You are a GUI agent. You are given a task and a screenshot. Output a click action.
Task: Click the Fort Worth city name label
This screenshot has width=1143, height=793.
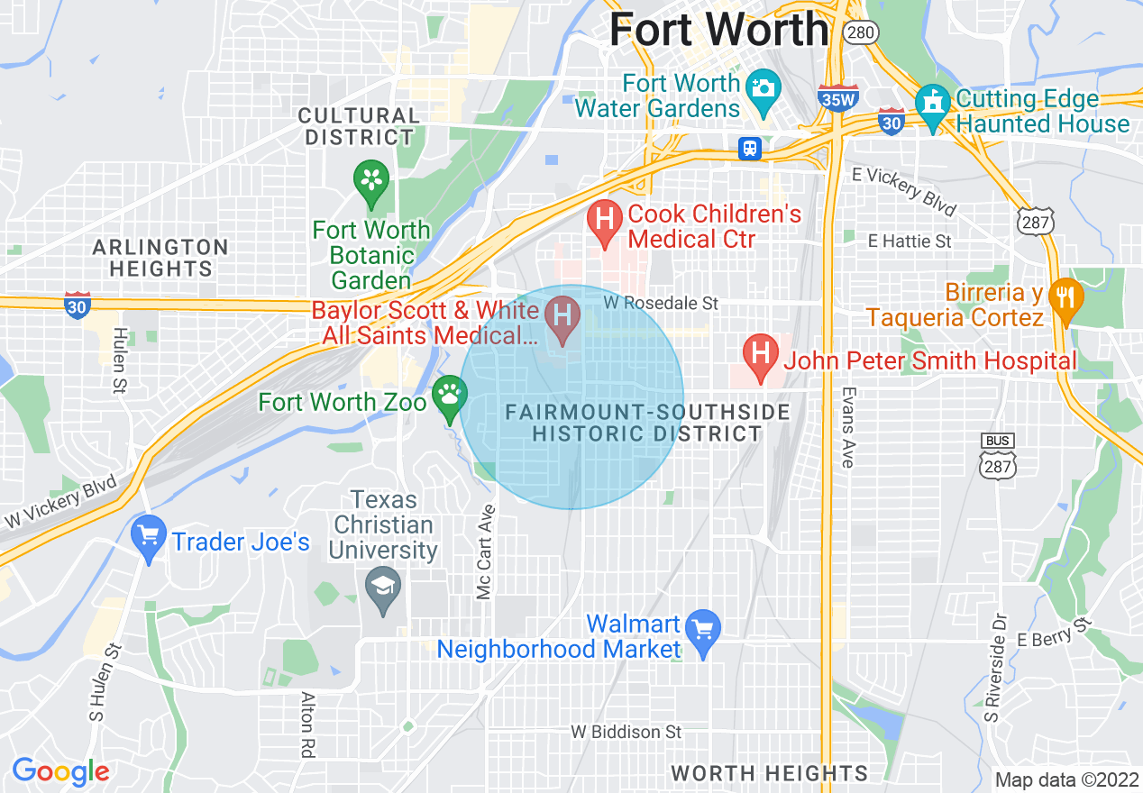coord(718,30)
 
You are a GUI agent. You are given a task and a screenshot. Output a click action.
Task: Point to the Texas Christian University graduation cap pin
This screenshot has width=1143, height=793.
coord(384,591)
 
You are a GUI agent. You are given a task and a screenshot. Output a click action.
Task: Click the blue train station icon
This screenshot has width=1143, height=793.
coord(750,149)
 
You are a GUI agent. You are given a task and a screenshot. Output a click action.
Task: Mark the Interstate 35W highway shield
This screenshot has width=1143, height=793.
coord(837,97)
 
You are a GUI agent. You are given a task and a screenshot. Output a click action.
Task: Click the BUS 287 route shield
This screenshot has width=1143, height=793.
coord(998,457)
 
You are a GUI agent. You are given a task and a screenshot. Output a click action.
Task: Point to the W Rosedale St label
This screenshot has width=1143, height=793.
coord(661,304)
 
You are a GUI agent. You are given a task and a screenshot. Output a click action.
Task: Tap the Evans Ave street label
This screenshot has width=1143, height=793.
coord(847,427)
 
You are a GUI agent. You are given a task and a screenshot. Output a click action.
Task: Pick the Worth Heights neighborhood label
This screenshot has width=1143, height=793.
coord(769,773)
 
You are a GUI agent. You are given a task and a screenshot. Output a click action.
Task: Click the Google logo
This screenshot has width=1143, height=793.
coord(60,772)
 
